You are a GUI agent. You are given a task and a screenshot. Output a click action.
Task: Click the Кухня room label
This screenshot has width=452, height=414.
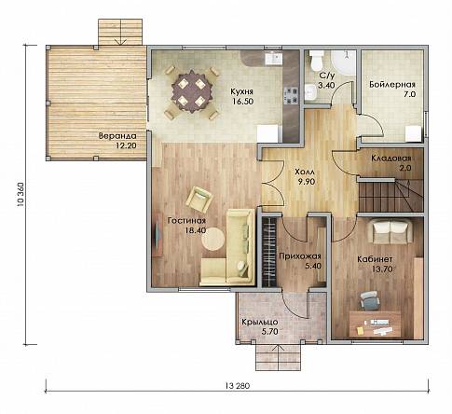(241, 91)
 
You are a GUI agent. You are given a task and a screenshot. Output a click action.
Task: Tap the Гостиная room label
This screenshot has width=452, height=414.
(186, 221)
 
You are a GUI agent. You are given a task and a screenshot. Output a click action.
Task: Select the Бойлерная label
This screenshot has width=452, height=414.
(392, 85)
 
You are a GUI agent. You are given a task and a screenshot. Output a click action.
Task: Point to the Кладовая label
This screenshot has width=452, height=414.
(391, 159)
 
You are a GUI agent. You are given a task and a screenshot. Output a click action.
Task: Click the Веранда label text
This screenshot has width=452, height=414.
(117, 136)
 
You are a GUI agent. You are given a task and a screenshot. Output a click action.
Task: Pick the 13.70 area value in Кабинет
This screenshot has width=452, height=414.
(382, 269)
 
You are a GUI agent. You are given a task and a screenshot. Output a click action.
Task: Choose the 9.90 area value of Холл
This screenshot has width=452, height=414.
(307, 182)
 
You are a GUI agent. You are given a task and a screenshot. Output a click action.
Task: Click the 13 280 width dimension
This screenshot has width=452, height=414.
(238, 386)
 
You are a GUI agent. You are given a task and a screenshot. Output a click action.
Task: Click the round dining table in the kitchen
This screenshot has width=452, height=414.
(192, 92)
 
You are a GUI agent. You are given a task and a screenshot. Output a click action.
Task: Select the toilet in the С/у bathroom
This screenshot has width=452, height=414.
(317, 61)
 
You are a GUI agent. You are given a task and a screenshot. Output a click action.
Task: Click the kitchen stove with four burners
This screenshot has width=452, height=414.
(291, 95)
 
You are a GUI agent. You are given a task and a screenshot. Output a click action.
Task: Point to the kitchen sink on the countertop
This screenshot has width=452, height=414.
(274, 58)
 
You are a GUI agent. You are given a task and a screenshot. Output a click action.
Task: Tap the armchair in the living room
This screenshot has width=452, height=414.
(199, 200)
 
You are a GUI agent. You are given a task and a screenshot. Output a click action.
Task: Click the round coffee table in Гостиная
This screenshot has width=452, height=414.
(213, 239)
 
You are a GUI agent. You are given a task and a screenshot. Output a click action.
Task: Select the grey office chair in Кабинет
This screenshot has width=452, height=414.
(369, 300)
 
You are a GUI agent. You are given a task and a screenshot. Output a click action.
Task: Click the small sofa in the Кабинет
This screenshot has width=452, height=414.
(390, 231)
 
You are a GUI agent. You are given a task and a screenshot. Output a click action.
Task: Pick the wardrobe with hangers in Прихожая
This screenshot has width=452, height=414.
(269, 252)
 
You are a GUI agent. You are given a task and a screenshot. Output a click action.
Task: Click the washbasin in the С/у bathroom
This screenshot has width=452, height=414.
(310, 92)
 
